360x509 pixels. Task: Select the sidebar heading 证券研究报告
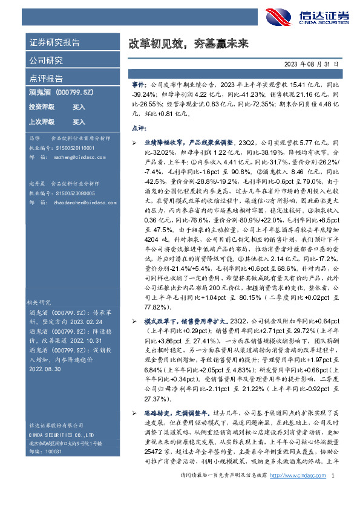pyautogui.click(x=54, y=44)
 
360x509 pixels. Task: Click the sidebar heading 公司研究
pyautogui.click(x=46, y=60)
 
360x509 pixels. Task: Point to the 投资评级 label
pyautogui.click(x=41, y=107)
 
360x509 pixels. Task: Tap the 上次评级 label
pyautogui.click(x=41, y=122)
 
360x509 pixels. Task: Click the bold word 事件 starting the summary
pyautogui.click(x=139, y=86)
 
